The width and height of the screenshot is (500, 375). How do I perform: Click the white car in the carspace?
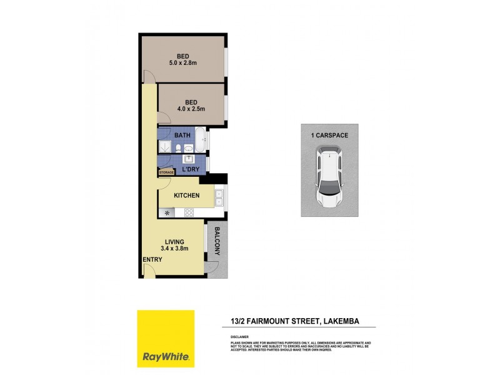[330, 177]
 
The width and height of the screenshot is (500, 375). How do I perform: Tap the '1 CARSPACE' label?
[329, 135]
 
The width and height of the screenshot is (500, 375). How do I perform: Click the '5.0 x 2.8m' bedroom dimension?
[182, 63]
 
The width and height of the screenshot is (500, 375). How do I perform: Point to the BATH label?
[182, 136]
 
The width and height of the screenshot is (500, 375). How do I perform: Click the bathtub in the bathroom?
[200, 141]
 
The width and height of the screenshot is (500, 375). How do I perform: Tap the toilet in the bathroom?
[179, 148]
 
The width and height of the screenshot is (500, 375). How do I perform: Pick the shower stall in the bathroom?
[165, 146]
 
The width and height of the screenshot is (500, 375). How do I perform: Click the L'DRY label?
[191, 170]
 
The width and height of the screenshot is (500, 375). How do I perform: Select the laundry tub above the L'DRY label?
[186, 159]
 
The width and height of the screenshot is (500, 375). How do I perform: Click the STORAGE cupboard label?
[166, 172]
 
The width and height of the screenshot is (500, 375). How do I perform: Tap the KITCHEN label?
[187, 196]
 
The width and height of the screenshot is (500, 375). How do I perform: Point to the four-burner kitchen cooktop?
[189, 212]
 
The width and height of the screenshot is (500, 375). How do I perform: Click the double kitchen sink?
[219, 197]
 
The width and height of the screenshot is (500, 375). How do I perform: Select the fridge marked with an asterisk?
[167, 212]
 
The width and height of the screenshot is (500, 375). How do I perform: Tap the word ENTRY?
[152, 259]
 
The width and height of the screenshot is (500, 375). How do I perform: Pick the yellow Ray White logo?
[166, 339]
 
